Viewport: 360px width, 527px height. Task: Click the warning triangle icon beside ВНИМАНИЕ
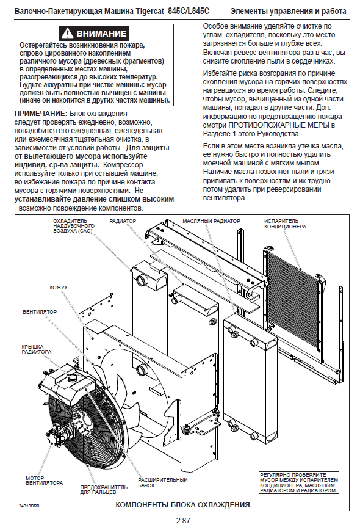click(x=68, y=33)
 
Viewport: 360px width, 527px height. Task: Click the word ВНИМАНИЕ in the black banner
click(x=101, y=34)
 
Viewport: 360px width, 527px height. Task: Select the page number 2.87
click(x=183, y=521)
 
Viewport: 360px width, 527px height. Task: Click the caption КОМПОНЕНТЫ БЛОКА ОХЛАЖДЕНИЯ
click(x=182, y=504)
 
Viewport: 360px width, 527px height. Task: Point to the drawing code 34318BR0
click(x=29, y=506)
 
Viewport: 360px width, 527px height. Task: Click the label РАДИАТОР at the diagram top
click(x=123, y=221)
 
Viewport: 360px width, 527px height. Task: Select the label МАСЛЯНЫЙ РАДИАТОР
click(x=212, y=221)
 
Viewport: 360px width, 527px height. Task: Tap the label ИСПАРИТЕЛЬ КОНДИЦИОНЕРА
click(x=285, y=224)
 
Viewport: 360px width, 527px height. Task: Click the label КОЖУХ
click(x=59, y=288)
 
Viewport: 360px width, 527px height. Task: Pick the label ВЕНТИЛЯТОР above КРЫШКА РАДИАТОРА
click(x=40, y=312)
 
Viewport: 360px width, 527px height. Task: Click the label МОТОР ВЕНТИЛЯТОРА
click(x=45, y=480)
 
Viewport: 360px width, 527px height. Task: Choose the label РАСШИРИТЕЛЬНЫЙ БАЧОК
click(x=163, y=482)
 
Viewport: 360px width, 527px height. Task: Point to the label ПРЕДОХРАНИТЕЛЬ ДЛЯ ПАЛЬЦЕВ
click(x=104, y=489)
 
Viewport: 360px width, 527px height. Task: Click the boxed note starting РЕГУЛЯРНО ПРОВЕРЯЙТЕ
click(x=299, y=483)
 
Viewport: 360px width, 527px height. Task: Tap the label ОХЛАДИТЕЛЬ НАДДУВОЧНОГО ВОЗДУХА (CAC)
click(x=74, y=226)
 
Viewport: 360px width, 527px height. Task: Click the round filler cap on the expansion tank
click(x=71, y=379)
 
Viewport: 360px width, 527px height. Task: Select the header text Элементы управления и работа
click(x=288, y=12)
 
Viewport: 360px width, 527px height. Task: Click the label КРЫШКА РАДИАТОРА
click(x=37, y=349)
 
